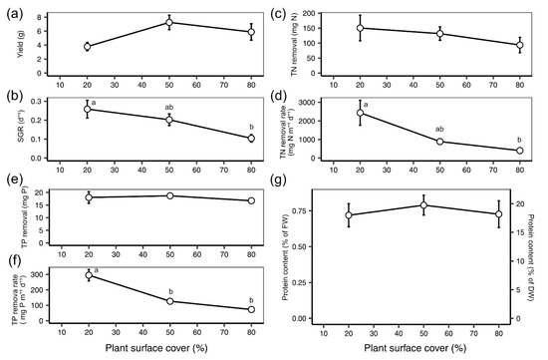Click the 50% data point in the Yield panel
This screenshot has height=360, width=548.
169,22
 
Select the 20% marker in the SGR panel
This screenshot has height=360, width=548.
88,109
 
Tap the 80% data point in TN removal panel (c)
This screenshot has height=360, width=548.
520,45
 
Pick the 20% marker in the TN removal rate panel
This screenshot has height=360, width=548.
360,113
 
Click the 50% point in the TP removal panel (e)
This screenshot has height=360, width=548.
169,195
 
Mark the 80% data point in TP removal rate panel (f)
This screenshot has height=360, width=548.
251,309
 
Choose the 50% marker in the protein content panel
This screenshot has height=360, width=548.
423,205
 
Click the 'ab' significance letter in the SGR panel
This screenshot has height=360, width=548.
169,107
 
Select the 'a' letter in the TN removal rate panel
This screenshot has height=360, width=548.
367,105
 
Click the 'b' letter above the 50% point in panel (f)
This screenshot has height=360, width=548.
171,291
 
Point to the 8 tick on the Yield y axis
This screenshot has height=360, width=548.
39,17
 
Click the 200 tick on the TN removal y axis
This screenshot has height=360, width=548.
310,13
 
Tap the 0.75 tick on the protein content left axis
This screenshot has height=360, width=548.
300,211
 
